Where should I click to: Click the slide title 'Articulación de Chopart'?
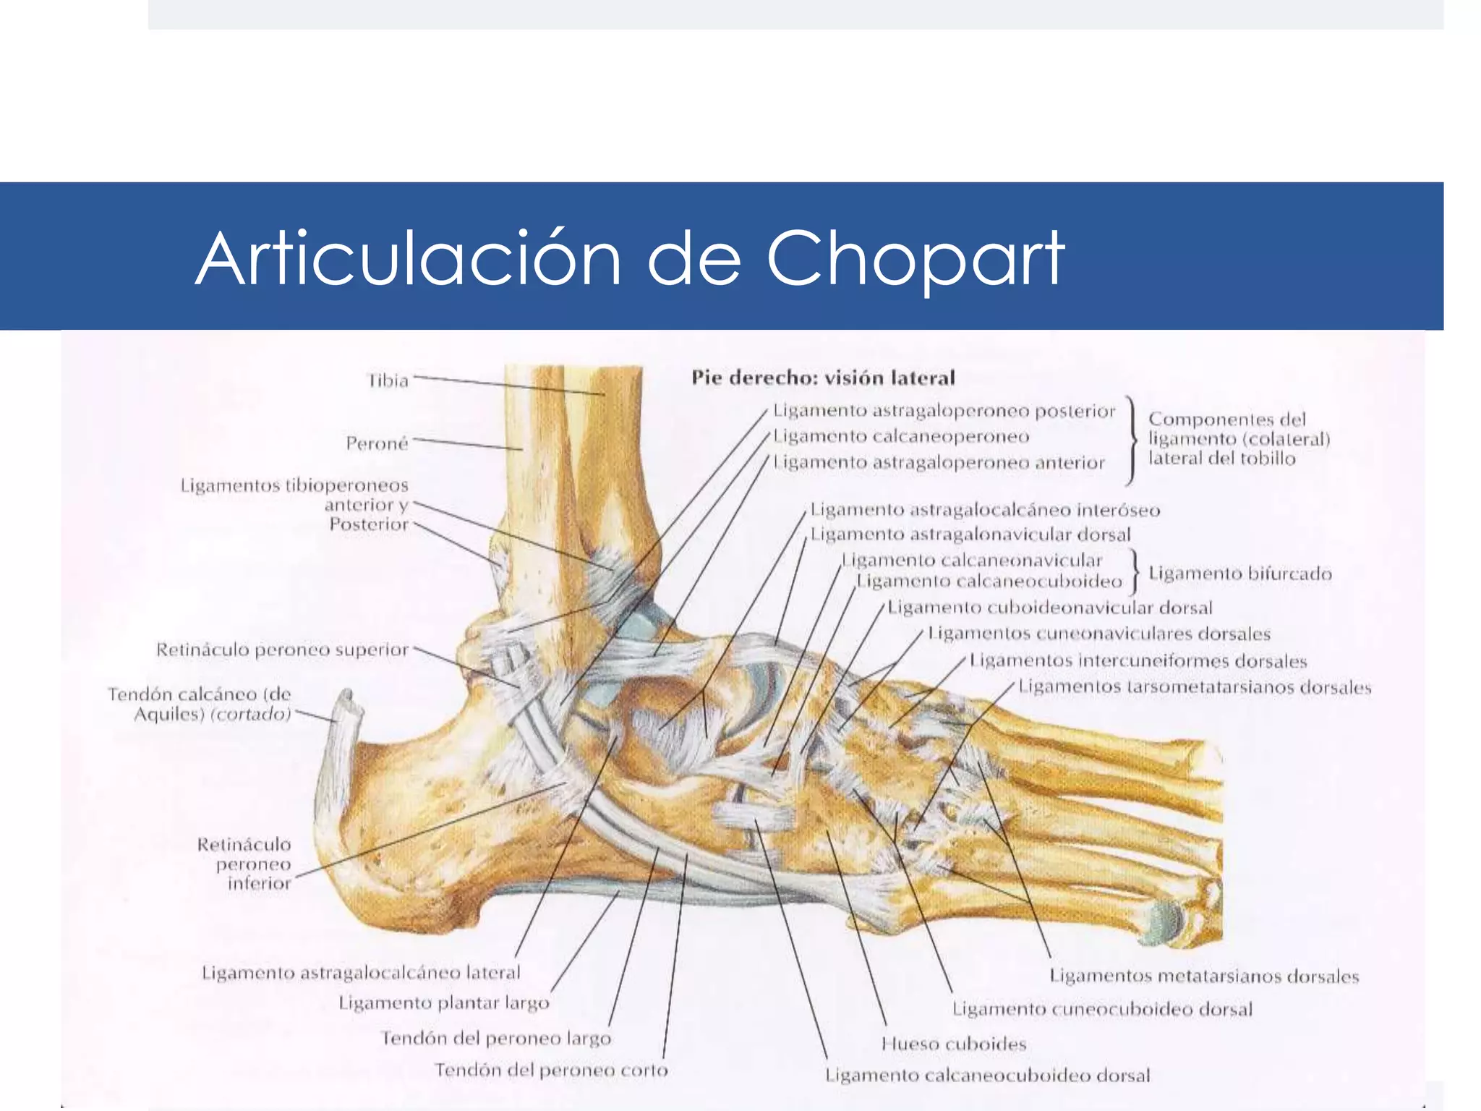pyautogui.click(x=630, y=258)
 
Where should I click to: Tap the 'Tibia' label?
pyautogui.click(x=388, y=380)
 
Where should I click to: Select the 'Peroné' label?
pyautogui.click(x=377, y=443)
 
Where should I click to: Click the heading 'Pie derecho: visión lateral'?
pyautogui.click(x=823, y=378)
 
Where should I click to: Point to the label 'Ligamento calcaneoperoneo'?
pyautogui.click(x=901, y=436)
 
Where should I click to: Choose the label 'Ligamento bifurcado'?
pyautogui.click(x=1240, y=574)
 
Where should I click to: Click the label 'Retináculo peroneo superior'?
pyautogui.click(x=283, y=650)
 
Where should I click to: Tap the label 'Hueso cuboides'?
pyautogui.click(x=954, y=1044)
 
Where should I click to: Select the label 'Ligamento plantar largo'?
pyautogui.click(x=444, y=1003)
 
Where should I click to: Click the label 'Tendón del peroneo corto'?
pyautogui.click(x=551, y=1070)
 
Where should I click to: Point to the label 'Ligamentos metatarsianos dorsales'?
pyautogui.click(x=1204, y=976)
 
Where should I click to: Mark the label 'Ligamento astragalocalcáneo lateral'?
pyautogui.click(x=361, y=972)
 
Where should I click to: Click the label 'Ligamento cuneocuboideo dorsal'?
pyautogui.click(x=1102, y=1009)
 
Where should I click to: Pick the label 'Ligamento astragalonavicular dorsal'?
pyautogui.click(x=970, y=535)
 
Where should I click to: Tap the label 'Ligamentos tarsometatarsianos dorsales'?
pyautogui.click(x=1195, y=686)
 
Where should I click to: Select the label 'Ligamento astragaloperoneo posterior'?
pyautogui.click(x=944, y=411)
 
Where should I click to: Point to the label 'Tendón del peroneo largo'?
pyautogui.click(x=496, y=1039)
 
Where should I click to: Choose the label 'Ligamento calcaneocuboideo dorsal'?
pyautogui.click(x=988, y=1076)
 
